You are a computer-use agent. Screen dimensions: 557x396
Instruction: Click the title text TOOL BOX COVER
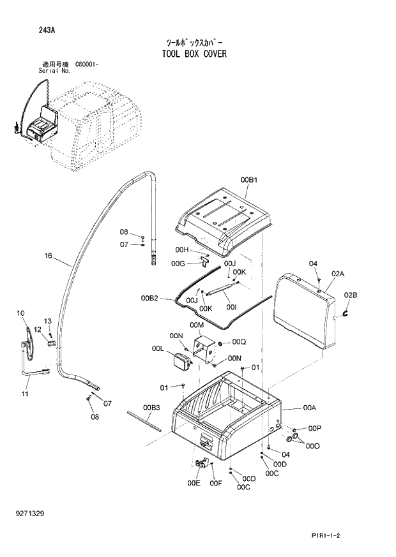(x=195, y=54)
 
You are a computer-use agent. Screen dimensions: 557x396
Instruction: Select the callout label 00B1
(x=249, y=181)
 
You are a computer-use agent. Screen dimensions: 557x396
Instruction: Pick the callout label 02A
(x=337, y=274)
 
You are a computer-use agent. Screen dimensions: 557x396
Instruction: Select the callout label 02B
(x=351, y=294)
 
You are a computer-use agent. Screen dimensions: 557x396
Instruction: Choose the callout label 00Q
(x=239, y=341)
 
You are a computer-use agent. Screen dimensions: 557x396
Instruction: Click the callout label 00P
(x=314, y=427)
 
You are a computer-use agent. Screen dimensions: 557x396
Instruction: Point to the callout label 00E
(x=194, y=483)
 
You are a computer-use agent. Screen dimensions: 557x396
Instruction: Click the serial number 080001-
(x=89, y=64)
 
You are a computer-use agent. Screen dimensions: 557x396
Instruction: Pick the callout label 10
(x=20, y=313)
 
